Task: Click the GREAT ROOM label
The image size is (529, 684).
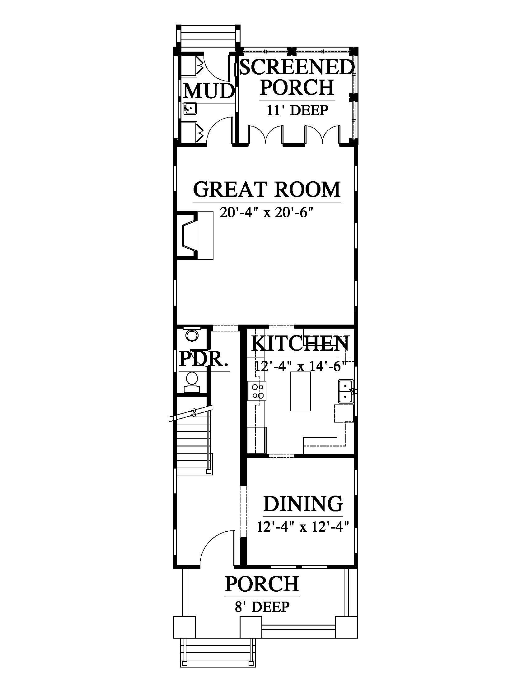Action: [267, 189]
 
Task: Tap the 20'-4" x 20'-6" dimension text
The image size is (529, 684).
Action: [267, 213]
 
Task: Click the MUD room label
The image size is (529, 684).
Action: [209, 91]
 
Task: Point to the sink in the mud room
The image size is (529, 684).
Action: [190, 109]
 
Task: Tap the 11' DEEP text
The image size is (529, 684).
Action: [297, 111]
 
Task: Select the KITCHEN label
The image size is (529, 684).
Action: [300, 344]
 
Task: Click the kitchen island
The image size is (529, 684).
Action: [301, 391]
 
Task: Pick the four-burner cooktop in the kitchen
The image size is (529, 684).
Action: [257, 391]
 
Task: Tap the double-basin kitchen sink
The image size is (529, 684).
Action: [346, 391]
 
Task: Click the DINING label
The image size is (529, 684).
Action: [303, 503]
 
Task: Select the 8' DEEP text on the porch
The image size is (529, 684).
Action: [262, 607]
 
